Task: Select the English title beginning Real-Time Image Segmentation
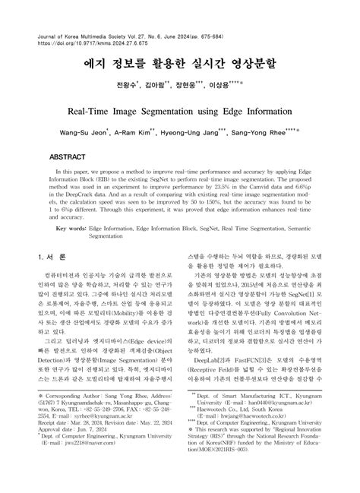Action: point(179,111)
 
